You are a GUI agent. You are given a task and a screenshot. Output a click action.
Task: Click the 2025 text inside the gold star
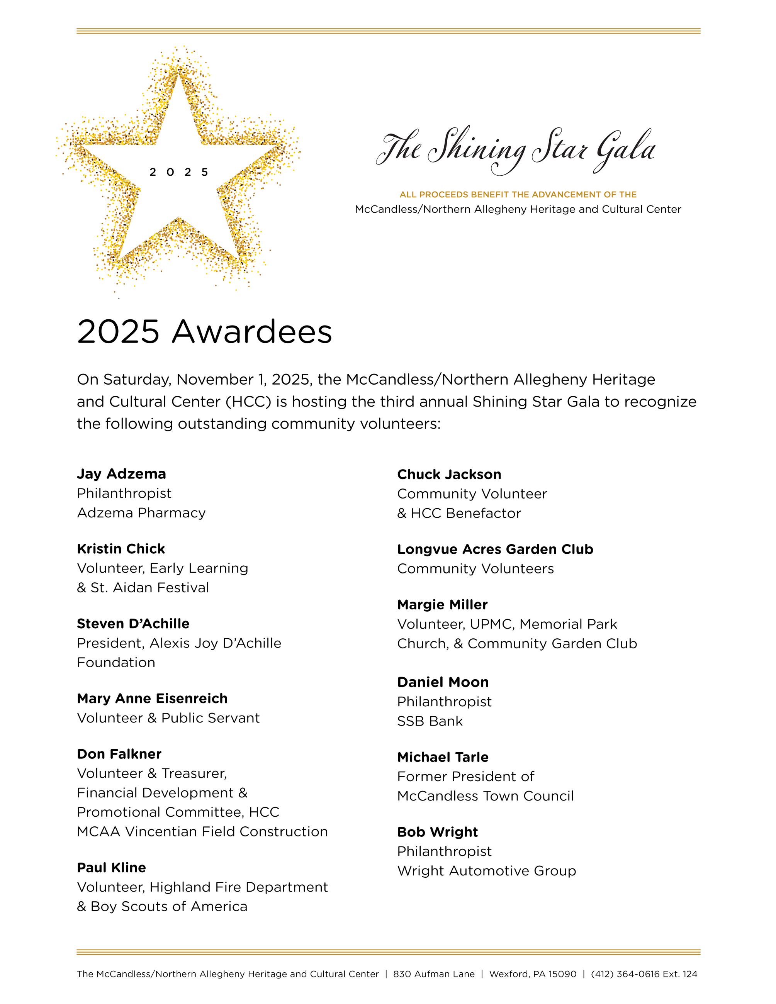pyautogui.click(x=179, y=172)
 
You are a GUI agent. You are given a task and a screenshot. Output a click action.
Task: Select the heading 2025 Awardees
pyautogui.click(x=204, y=332)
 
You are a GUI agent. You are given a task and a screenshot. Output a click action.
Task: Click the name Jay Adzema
pyautogui.click(x=121, y=474)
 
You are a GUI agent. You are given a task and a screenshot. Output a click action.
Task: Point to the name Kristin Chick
pyautogui.click(x=121, y=549)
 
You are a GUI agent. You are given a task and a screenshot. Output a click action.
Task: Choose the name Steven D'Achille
pyautogui.click(x=133, y=624)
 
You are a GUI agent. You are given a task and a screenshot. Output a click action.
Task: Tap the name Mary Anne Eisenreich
pyautogui.click(x=152, y=699)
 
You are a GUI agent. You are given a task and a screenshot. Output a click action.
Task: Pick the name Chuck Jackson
pyautogui.click(x=449, y=475)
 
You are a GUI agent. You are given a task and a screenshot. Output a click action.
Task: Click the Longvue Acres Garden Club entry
pyautogui.click(x=495, y=549)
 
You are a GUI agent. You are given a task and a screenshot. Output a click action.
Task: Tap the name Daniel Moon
pyautogui.click(x=443, y=682)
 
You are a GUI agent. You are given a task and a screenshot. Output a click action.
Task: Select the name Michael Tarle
pyautogui.click(x=443, y=757)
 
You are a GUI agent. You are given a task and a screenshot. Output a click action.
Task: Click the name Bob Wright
pyautogui.click(x=437, y=832)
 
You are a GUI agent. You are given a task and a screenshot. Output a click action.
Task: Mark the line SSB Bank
pyautogui.click(x=430, y=721)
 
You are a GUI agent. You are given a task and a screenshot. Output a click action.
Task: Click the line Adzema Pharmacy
pyautogui.click(x=141, y=513)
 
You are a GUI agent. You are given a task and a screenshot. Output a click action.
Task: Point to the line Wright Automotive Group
pyautogui.click(x=486, y=871)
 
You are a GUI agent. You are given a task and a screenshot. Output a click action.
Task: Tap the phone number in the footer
pyautogui.click(x=644, y=974)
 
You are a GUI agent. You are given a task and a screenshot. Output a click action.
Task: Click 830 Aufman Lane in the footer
pyautogui.click(x=433, y=974)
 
